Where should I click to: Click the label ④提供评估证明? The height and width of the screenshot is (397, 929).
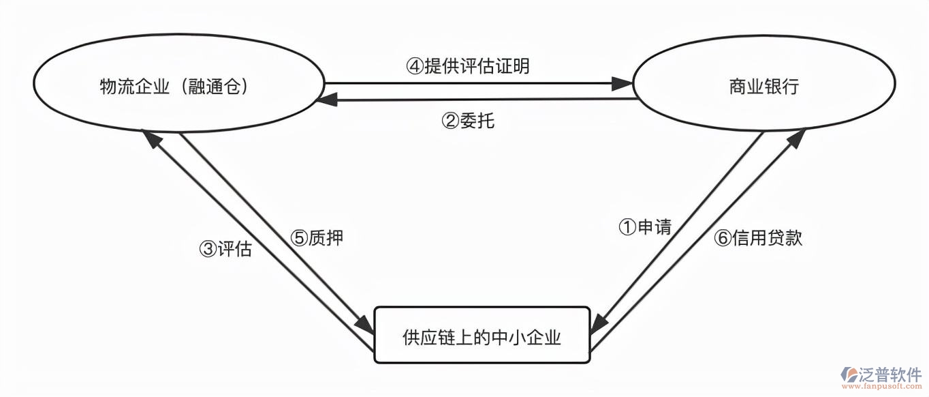468,66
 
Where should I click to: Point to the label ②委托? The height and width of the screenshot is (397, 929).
468,121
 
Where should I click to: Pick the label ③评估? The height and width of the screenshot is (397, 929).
225,249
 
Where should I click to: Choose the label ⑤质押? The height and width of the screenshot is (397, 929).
317,237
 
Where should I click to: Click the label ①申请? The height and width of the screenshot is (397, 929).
644,227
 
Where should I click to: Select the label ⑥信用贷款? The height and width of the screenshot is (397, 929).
758,237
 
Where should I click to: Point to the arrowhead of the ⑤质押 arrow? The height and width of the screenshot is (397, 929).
366,324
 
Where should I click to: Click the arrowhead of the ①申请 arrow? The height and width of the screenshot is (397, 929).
597,324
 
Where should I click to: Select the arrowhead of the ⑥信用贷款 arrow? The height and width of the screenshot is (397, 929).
796,138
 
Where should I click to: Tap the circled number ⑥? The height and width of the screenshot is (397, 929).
722,238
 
